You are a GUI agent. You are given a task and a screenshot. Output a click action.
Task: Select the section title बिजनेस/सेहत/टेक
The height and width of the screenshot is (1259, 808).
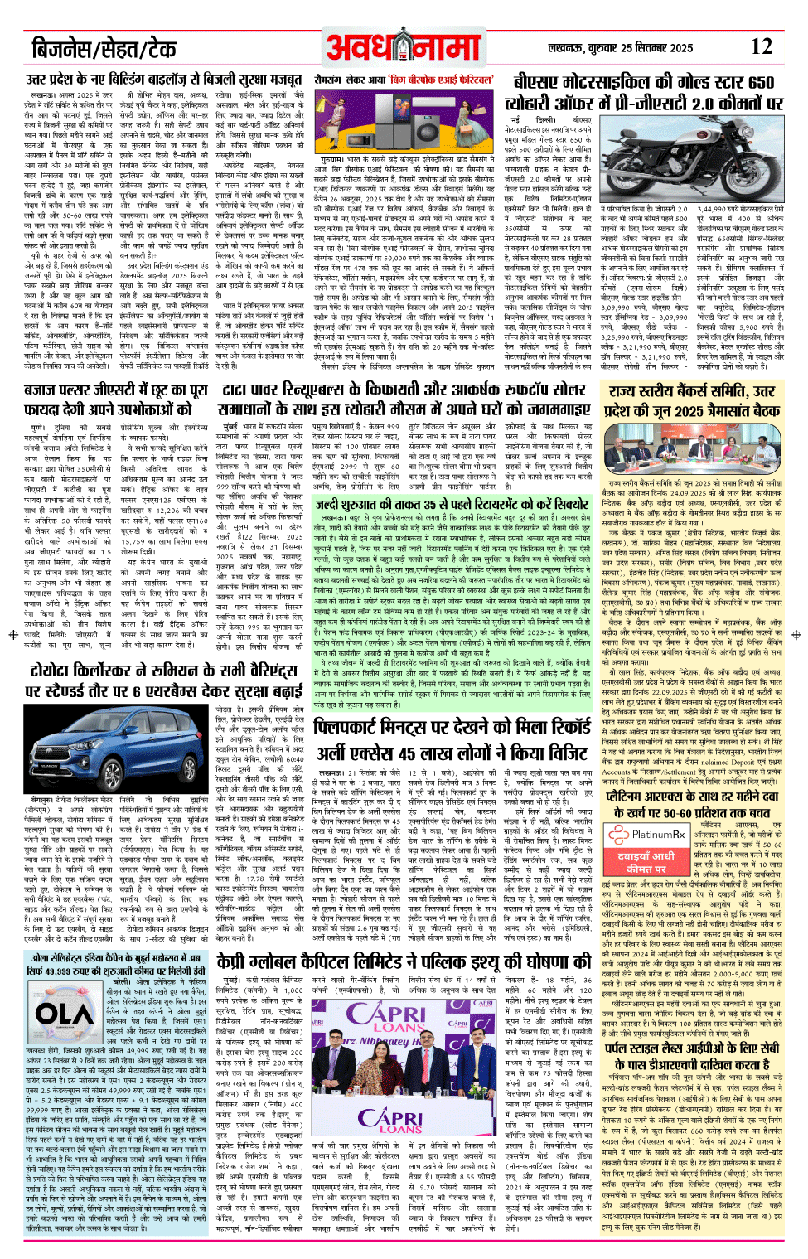pyautogui.click(x=104, y=49)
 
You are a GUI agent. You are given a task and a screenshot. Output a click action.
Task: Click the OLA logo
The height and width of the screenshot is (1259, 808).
pyautogui.click(x=65, y=1014)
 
